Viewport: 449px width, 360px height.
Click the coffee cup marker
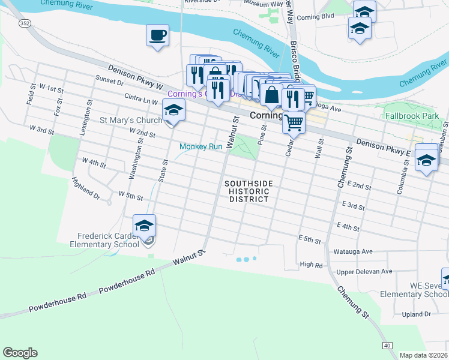(x=157, y=35)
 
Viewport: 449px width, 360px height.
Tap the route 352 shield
(x=23, y=23)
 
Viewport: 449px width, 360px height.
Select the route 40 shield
(x=387, y=346)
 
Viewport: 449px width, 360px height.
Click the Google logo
(x=20, y=353)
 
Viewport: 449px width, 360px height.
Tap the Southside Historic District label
(x=249, y=191)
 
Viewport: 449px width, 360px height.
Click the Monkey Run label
(x=201, y=146)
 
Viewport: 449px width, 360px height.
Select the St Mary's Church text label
(x=131, y=121)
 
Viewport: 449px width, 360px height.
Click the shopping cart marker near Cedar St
(x=294, y=122)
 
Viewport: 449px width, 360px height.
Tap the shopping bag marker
(x=271, y=95)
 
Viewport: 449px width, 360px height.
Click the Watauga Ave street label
(x=354, y=251)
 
